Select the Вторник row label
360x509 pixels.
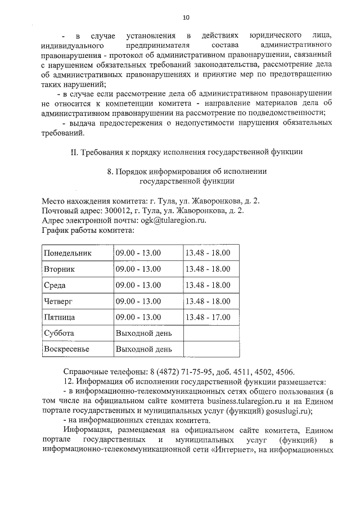pos(59,269)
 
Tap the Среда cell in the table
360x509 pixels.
pos(55,285)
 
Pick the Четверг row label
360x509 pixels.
pos(58,301)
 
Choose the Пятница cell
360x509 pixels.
pos(59,317)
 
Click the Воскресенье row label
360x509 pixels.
pos(67,349)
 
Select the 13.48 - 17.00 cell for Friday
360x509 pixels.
pos(208,317)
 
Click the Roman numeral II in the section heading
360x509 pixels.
pos(73,152)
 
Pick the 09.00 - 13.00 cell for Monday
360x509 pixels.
pos(138,253)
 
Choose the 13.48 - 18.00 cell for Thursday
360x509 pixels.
pos(208,301)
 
